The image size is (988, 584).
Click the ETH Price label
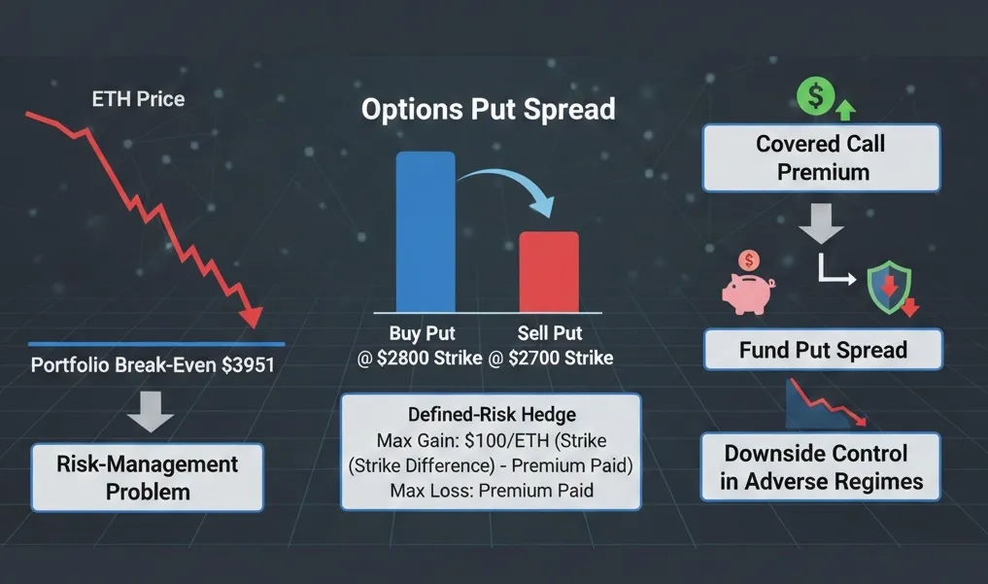click(x=137, y=98)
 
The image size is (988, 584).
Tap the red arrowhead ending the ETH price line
click(x=252, y=316)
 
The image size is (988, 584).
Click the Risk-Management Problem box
click(x=148, y=477)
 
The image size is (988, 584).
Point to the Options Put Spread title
click(x=488, y=108)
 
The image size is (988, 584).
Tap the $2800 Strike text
click(x=421, y=358)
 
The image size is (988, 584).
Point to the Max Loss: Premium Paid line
click(x=490, y=491)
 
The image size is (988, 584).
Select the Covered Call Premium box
click(x=820, y=157)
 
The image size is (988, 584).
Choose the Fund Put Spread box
click(x=822, y=350)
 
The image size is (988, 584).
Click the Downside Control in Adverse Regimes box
click(x=821, y=467)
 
